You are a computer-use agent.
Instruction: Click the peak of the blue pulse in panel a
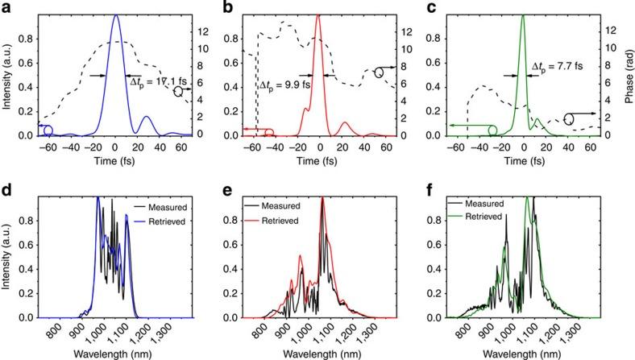(116, 14)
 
